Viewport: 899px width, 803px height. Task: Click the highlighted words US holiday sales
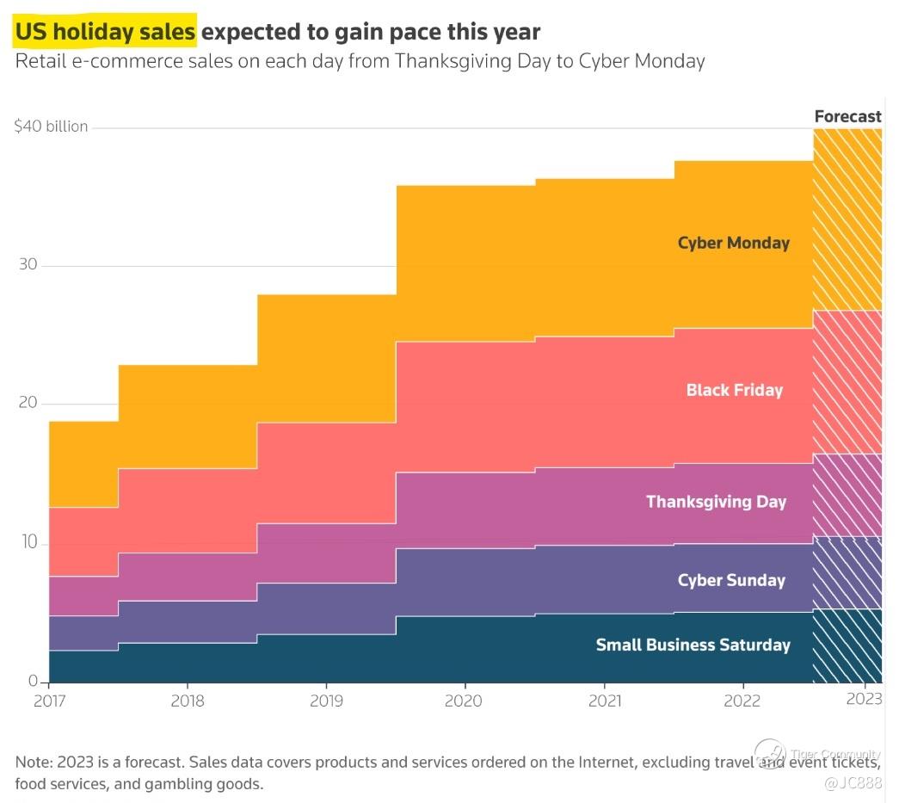pos(105,33)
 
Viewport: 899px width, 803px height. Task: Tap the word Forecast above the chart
pos(847,116)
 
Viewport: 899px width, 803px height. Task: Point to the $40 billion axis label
pos(51,127)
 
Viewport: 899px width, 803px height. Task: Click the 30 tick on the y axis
pos(28,264)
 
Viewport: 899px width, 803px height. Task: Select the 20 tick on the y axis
pos(28,404)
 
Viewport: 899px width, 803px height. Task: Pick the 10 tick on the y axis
pos(28,543)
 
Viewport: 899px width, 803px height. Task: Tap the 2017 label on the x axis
pos(50,701)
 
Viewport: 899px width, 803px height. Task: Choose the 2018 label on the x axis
pos(188,701)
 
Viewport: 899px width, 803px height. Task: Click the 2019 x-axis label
pos(326,701)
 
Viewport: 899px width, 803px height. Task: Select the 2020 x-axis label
pos(465,701)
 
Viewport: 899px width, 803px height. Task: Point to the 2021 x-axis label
pos(604,701)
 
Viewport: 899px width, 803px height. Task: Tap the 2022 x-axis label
pos(742,701)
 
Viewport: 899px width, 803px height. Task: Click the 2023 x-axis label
pos(864,699)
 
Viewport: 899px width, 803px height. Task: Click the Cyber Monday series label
pos(733,243)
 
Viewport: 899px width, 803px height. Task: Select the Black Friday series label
pos(734,390)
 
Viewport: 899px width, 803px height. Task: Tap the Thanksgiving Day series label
pos(716,502)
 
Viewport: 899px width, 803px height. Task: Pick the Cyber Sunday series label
pos(731,580)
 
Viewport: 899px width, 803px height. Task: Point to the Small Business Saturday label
pos(693,645)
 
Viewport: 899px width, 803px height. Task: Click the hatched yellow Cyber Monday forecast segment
pos(847,219)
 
